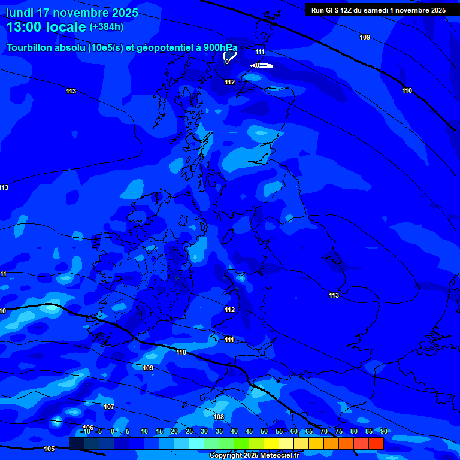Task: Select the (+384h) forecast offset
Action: tap(107, 27)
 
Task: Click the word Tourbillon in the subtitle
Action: tap(29, 48)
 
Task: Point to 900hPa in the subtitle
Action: tap(219, 48)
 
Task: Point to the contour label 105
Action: tap(49, 449)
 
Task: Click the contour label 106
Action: tap(88, 427)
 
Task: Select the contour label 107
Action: tap(108, 407)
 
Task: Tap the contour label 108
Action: tap(219, 417)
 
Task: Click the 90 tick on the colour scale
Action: tap(384, 431)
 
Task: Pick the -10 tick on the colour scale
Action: tap(85, 431)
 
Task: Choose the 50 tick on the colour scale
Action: tap(264, 431)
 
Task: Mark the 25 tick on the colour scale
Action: tap(189, 431)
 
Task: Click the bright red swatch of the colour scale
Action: tap(376, 443)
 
